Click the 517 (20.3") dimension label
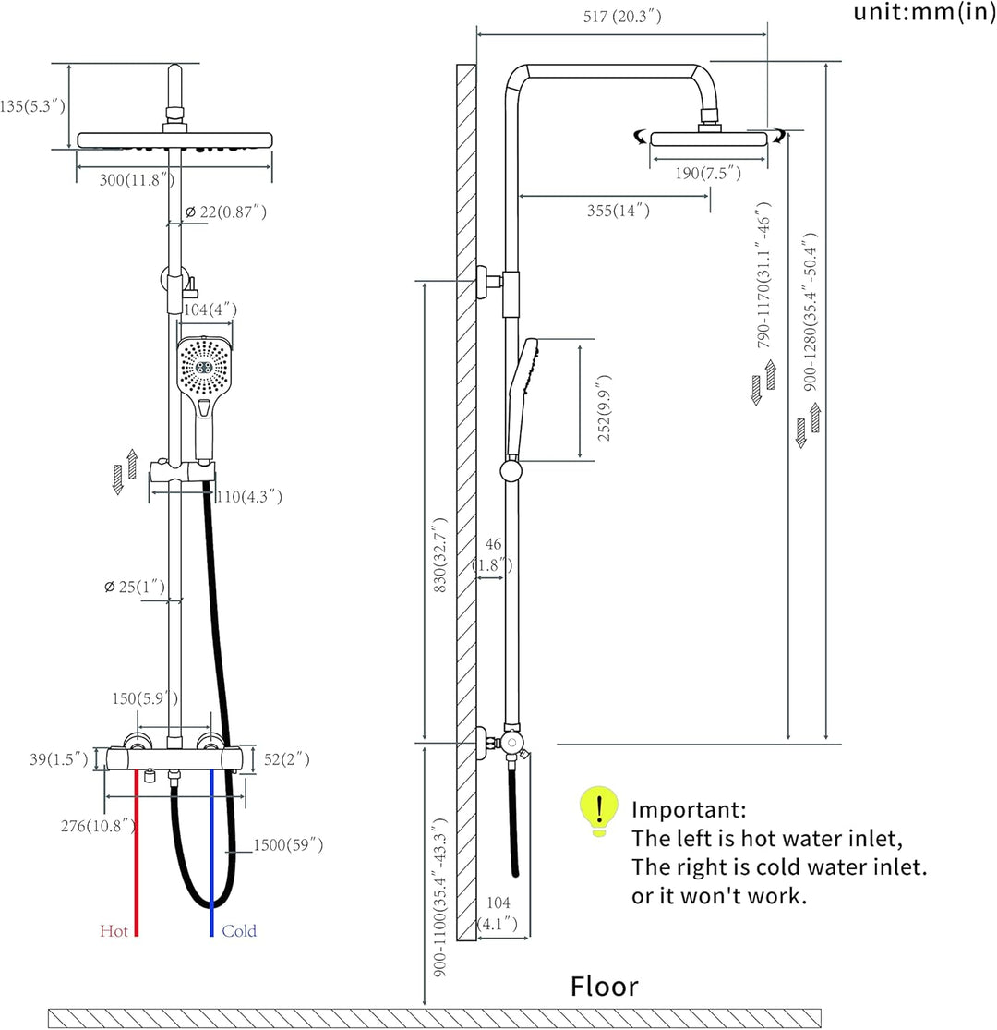tap(622, 16)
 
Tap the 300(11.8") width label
tap(137, 179)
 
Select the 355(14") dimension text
tap(619, 211)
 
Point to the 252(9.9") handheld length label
tap(604, 408)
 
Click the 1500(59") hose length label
tap(288, 844)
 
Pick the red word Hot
tap(114, 930)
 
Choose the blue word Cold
tap(239, 930)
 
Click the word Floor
tap(604, 986)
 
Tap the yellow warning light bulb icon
tap(598, 810)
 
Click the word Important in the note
tap(689, 809)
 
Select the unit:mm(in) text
tap(924, 12)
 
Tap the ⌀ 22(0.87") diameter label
tap(226, 212)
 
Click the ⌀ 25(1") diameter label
tap(135, 587)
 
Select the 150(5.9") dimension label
tap(144, 697)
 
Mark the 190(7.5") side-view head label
tap(708, 173)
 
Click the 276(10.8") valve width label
tap(99, 826)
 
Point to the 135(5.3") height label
tap(32, 105)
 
